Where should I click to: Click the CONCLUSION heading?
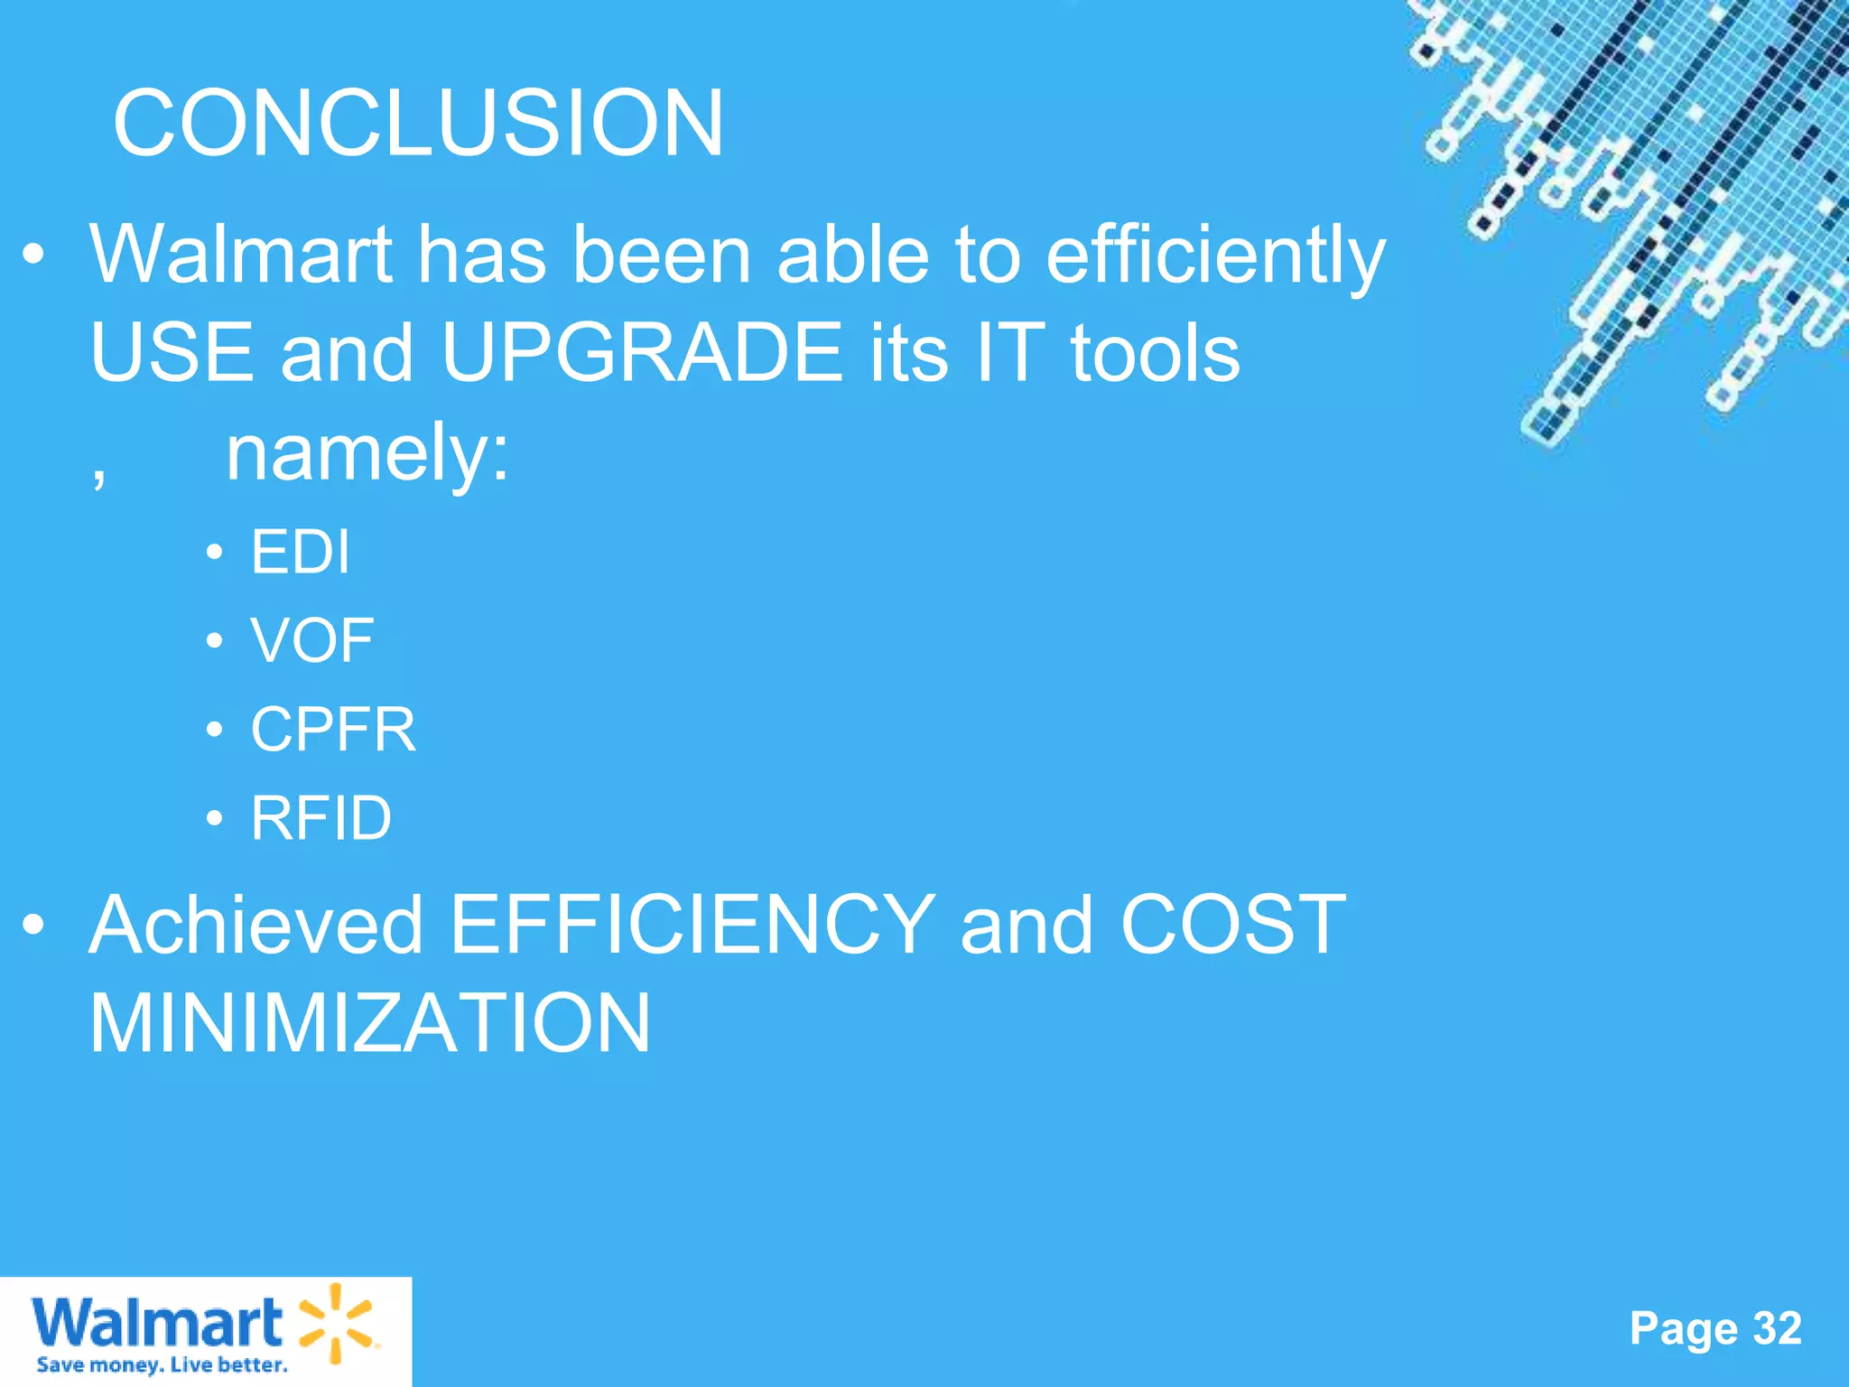[418, 123]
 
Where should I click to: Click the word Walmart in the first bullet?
[241, 256]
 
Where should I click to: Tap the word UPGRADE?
[642, 353]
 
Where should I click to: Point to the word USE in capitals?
[172, 353]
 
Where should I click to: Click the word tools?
[1155, 353]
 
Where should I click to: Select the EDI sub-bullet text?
[301, 552]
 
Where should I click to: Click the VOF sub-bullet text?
[312, 640]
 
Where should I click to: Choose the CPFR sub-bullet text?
[333, 729]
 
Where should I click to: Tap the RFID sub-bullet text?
[321, 818]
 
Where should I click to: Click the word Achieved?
[256, 925]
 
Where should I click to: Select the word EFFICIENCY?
[692, 925]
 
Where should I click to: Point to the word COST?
[1232, 925]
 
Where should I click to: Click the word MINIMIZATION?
[370, 1023]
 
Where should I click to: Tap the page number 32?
[1777, 1328]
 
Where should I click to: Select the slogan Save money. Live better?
[162, 1364]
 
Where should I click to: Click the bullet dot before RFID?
[214, 818]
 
